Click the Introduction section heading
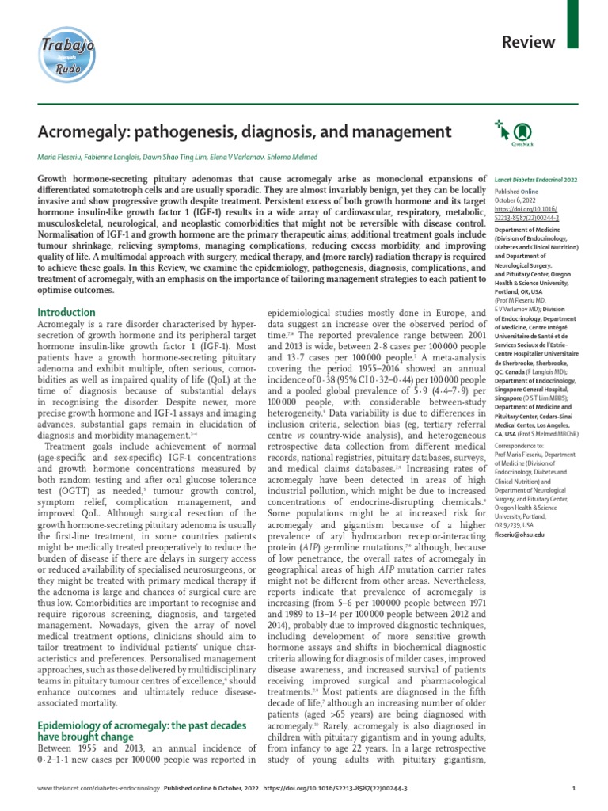coord(67,291)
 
